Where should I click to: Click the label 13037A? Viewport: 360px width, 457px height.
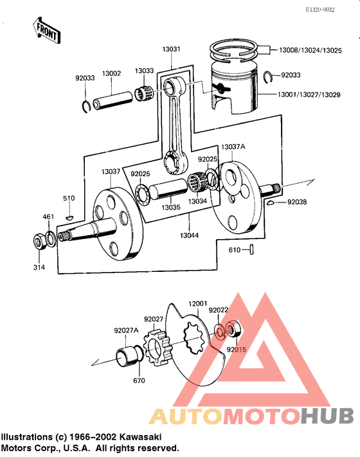coord(233,147)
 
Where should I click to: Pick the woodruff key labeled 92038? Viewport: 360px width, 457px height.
coord(273,202)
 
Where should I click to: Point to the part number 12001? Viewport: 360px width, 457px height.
coord(197,303)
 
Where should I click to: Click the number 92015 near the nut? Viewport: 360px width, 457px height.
coord(237,350)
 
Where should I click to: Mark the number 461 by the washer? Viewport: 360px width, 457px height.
coord(49,217)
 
